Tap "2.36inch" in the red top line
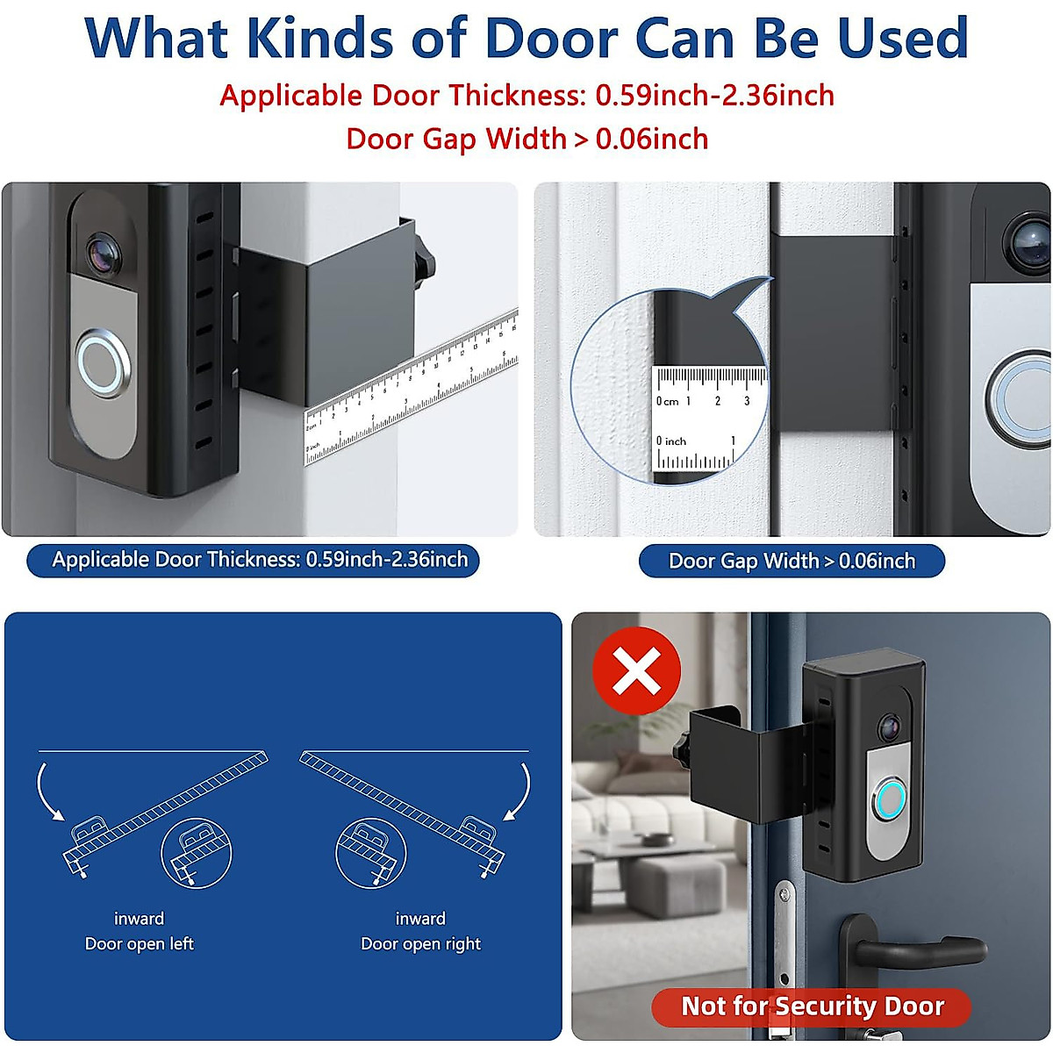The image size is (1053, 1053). click(x=777, y=95)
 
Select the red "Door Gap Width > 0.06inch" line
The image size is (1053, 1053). click(x=526, y=139)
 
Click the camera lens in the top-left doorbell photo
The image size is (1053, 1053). click(x=104, y=252)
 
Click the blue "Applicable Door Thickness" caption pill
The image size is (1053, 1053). click(x=254, y=560)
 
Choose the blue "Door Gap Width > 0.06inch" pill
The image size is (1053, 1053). click(x=792, y=562)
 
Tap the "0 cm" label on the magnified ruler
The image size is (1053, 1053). click(x=668, y=401)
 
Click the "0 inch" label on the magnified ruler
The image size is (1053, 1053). click(x=671, y=441)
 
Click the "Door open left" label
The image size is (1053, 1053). click(x=140, y=943)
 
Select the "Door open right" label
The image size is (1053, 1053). click(x=420, y=943)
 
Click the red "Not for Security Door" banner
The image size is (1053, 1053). click(x=812, y=1006)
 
